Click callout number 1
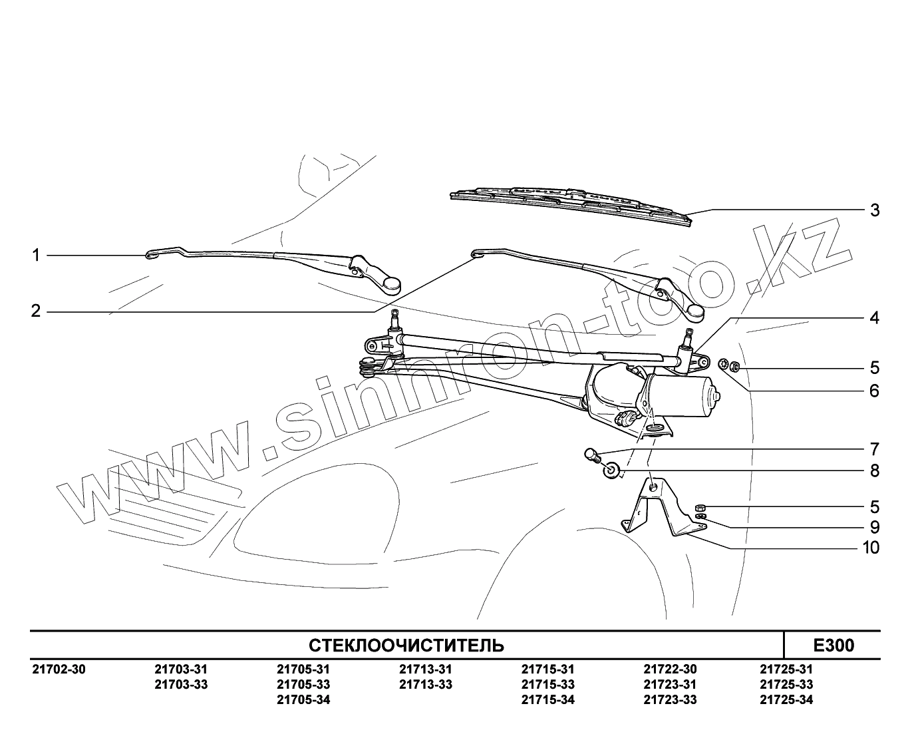pos(37,255)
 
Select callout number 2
pos(37,311)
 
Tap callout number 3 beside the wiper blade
pos(875,210)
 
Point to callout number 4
pos(875,318)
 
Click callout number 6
pos(875,391)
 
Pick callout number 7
pos(875,449)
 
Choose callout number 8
pos(875,471)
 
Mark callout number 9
pos(875,528)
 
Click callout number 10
pos(871,548)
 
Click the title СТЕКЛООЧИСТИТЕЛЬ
pos(406,646)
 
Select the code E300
pos(834,646)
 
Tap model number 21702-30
pos(59,669)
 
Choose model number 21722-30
pos(670,669)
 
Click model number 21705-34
pos(303,700)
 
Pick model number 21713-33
pos(426,685)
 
